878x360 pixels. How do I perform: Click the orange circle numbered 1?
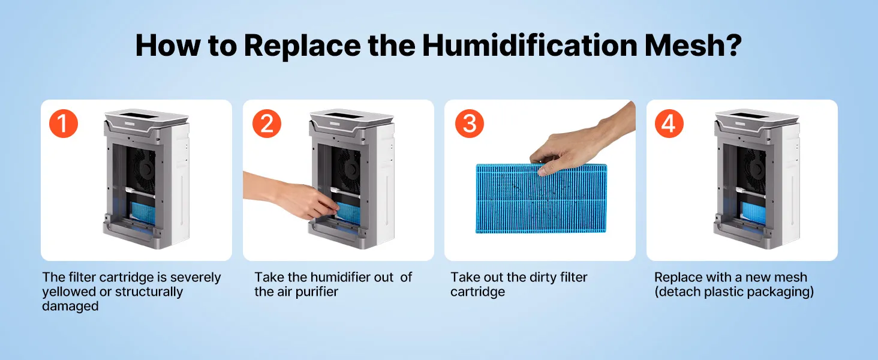click(64, 123)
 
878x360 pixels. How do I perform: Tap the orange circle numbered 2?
click(266, 123)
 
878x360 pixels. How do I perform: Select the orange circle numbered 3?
click(469, 123)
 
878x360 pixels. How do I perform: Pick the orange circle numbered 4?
click(669, 123)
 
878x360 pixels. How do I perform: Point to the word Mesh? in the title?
click(693, 46)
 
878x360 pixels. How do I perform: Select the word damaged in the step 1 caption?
click(70, 306)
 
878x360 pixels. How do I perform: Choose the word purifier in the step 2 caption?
click(317, 292)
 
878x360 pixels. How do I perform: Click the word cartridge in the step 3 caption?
click(477, 292)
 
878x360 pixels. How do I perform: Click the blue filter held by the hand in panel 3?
click(541, 199)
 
